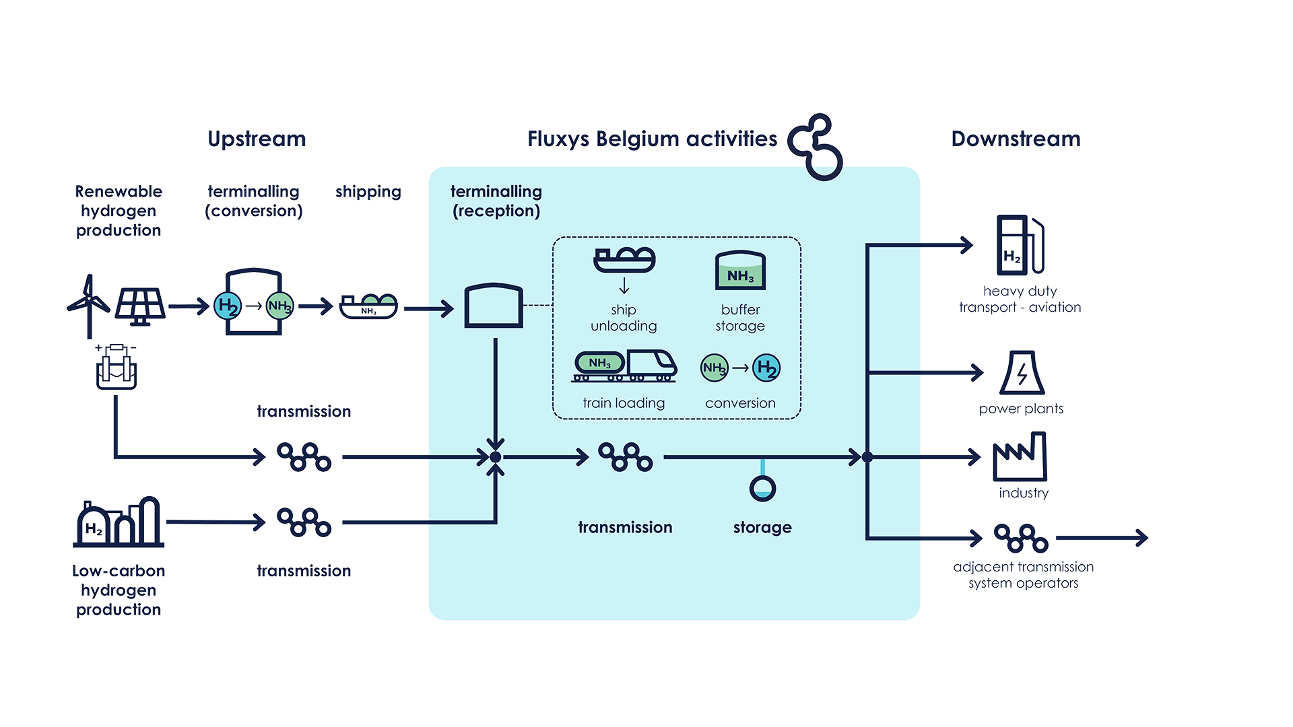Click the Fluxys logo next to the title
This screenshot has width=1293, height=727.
click(816, 147)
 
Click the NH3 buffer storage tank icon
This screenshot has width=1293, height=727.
click(740, 271)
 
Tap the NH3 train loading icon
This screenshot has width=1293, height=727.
click(624, 366)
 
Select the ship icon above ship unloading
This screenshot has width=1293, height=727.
click(624, 260)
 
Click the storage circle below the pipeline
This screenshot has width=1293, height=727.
click(762, 489)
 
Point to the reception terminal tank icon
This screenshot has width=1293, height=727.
click(494, 306)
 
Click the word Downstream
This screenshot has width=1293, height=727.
click(1016, 139)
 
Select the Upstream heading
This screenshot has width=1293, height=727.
click(257, 139)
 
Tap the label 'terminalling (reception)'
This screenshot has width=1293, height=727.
click(496, 201)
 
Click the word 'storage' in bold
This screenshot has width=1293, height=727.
click(762, 527)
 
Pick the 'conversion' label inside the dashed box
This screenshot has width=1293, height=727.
click(740, 403)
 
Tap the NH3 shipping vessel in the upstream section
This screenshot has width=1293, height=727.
click(368, 306)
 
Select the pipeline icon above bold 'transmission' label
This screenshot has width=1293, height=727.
click(626, 457)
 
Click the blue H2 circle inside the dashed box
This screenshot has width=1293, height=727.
click(766, 368)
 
